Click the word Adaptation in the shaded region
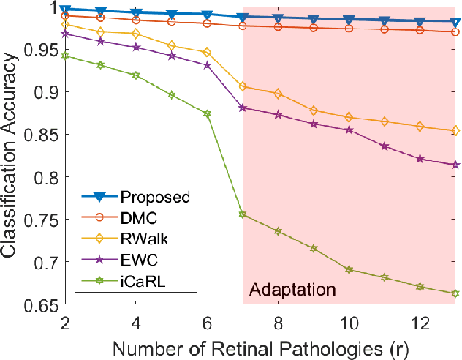(293, 290)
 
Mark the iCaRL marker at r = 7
(243, 214)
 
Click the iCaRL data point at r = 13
(455, 293)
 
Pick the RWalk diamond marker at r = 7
(243, 86)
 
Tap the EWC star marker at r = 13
(455, 165)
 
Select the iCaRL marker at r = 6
(207, 113)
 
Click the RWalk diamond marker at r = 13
(455, 131)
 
